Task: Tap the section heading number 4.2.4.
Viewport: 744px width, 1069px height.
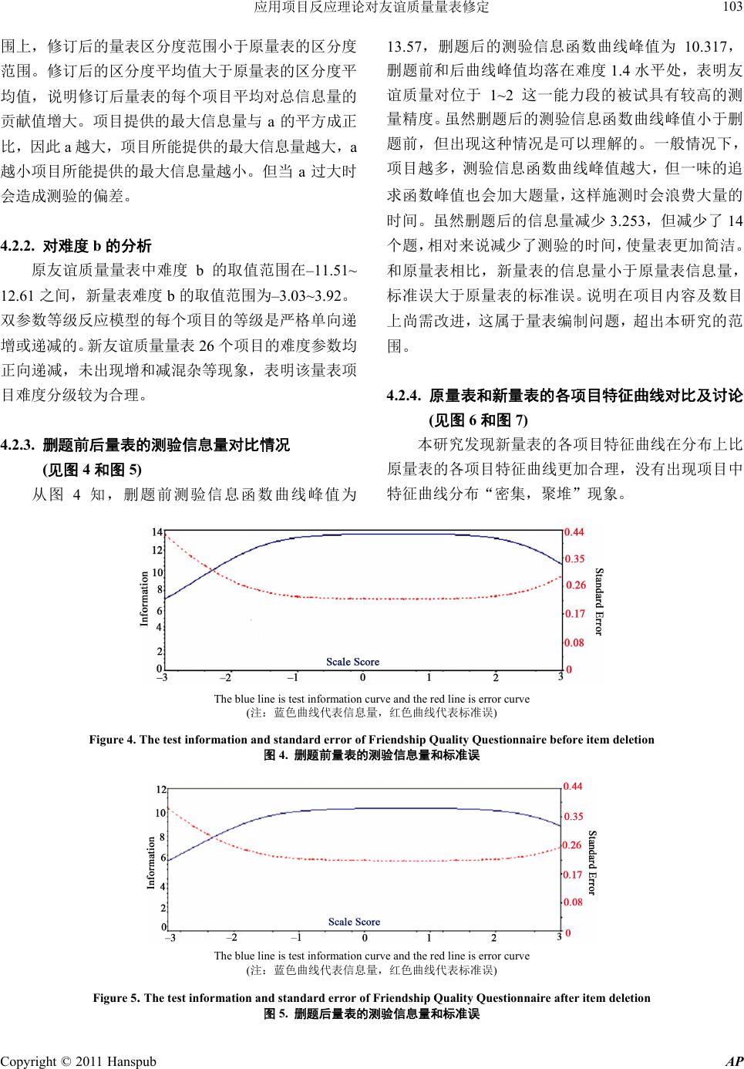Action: point(404,397)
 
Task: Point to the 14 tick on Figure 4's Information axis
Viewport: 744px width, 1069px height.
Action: point(157,532)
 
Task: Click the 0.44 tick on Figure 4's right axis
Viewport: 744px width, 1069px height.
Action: point(574,531)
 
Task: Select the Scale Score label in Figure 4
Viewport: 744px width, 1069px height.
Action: point(353,661)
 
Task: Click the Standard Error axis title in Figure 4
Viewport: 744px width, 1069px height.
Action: point(599,601)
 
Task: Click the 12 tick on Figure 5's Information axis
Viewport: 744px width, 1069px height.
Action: point(161,790)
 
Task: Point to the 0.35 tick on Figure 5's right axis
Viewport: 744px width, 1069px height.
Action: point(574,816)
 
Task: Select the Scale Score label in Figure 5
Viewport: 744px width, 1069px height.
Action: point(354,922)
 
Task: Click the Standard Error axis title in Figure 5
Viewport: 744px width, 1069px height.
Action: point(592,862)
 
